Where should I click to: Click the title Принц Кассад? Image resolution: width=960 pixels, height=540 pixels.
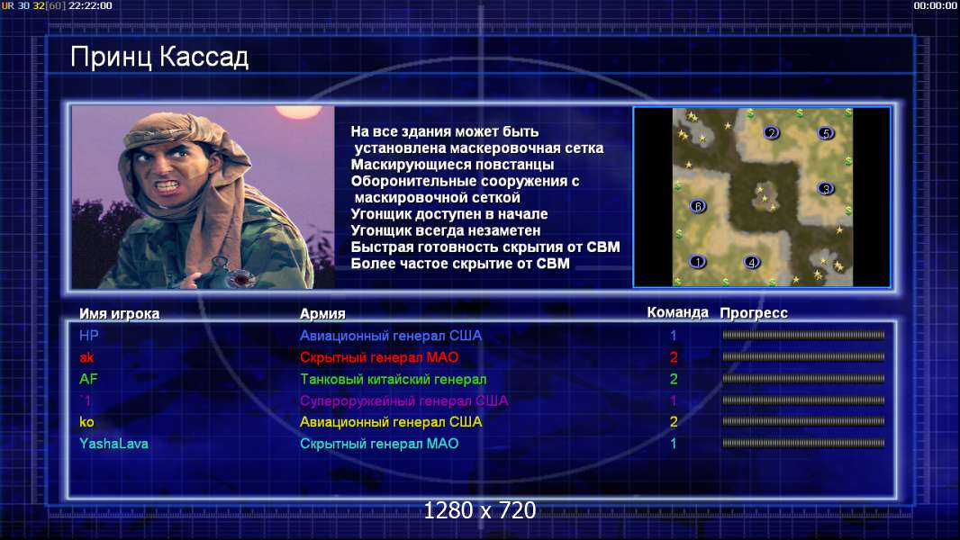[159, 58]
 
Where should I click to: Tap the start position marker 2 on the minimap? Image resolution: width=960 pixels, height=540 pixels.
[772, 132]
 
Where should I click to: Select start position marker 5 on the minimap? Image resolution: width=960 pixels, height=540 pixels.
[825, 132]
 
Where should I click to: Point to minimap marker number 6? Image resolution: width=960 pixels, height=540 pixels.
[698, 206]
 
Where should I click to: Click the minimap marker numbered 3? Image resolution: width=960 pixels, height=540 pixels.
[825, 188]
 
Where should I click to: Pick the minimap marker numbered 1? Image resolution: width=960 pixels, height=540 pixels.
[697, 262]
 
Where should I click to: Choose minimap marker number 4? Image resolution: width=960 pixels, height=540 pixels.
[751, 263]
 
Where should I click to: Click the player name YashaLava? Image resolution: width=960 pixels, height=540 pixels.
[113, 444]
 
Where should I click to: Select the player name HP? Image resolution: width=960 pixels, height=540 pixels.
[89, 336]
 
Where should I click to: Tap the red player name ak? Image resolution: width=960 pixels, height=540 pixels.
[86, 357]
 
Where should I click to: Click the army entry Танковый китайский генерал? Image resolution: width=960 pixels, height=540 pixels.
[393, 379]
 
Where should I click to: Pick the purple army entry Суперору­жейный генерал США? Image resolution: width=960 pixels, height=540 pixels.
[404, 400]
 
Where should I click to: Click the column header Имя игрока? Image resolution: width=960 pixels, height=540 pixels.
[120, 314]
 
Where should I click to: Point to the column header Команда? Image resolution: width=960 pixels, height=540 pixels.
[678, 312]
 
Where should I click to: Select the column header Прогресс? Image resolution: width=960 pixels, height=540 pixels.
[754, 313]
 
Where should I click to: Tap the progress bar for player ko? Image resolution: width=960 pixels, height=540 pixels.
[803, 421]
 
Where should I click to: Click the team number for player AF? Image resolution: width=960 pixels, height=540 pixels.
[674, 379]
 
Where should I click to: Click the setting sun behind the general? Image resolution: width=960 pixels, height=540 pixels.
[298, 112]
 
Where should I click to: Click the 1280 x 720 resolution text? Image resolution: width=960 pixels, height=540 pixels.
[480, 510]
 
